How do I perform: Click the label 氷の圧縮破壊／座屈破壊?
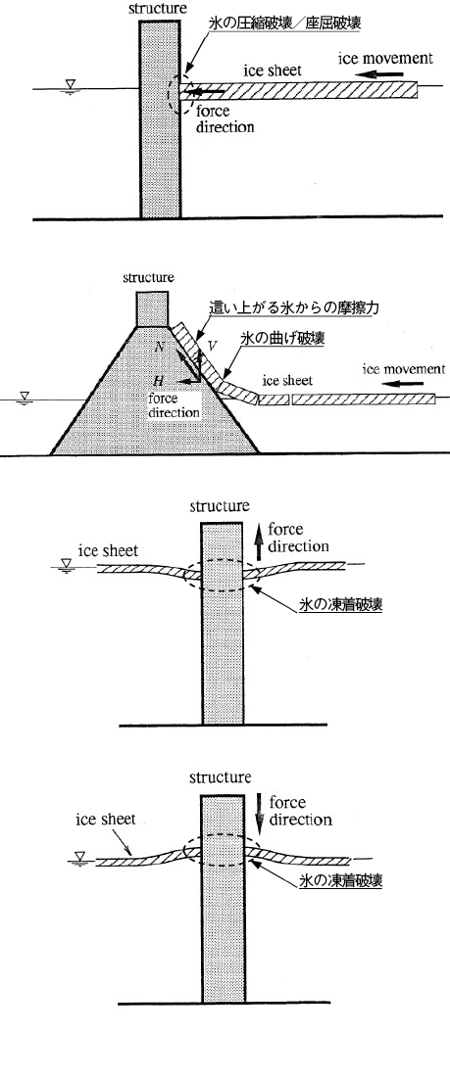284,23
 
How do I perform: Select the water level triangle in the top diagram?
70,85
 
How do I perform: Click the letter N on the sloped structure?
160,347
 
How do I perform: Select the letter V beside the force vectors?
213,344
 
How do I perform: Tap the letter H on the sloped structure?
158,381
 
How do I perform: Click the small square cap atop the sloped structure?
153,308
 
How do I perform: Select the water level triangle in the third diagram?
67,565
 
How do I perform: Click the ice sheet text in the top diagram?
274,71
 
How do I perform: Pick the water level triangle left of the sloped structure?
25,398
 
